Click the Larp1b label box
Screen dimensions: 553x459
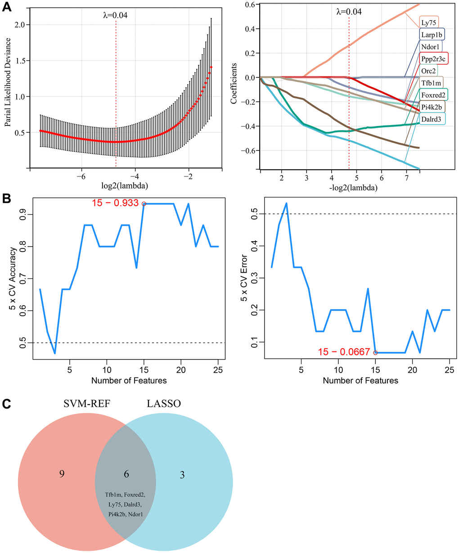431,34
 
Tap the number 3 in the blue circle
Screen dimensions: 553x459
182,475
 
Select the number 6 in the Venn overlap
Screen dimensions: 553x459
126,474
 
